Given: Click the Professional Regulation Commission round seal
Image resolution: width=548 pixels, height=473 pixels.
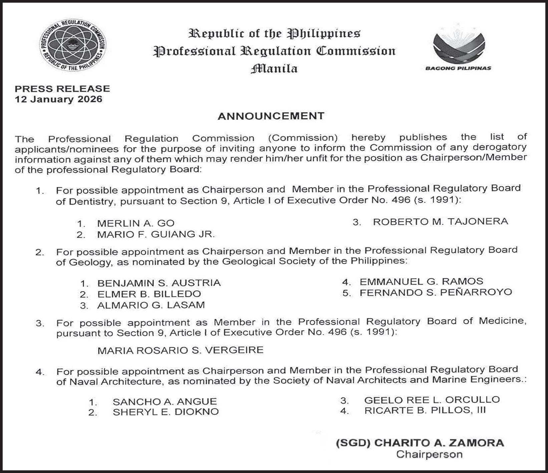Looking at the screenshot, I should pos(73,46).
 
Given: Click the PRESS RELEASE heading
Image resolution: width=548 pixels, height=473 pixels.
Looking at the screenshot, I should pos(62,89).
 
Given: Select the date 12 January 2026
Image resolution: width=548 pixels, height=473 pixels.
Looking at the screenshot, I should pos(59,99).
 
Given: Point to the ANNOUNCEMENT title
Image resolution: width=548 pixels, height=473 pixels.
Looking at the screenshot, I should pos(271,116).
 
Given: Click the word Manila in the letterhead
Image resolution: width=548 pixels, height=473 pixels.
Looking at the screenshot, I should pos(274,69).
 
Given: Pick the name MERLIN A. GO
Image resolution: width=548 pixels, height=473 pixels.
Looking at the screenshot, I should pos(136,223).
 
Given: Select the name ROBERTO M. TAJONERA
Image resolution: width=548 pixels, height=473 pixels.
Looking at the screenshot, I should pos(441,221).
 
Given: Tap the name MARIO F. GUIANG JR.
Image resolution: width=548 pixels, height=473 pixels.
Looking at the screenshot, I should pos(156,234).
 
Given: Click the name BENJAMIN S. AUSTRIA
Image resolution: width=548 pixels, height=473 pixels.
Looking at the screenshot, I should pos(159,283).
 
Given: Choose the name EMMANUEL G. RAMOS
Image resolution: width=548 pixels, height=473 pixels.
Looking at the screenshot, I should pos(421,281).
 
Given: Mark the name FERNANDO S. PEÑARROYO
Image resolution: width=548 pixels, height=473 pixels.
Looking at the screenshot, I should pos(436,293).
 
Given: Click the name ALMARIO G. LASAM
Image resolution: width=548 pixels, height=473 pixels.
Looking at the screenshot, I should pos(151,305).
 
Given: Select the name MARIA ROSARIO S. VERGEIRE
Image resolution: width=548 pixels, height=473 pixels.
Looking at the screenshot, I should pos(180,350).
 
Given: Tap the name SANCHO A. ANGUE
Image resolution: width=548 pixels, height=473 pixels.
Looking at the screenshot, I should pos(165,401).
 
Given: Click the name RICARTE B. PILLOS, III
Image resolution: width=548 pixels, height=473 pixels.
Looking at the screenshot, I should pos(425,410).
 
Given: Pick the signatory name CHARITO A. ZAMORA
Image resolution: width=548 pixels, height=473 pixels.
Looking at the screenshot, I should pos(439,443).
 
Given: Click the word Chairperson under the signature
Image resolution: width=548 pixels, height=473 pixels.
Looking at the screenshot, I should pos(429,454).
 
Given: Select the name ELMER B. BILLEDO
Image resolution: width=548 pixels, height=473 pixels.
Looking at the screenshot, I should pos(149,294).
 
